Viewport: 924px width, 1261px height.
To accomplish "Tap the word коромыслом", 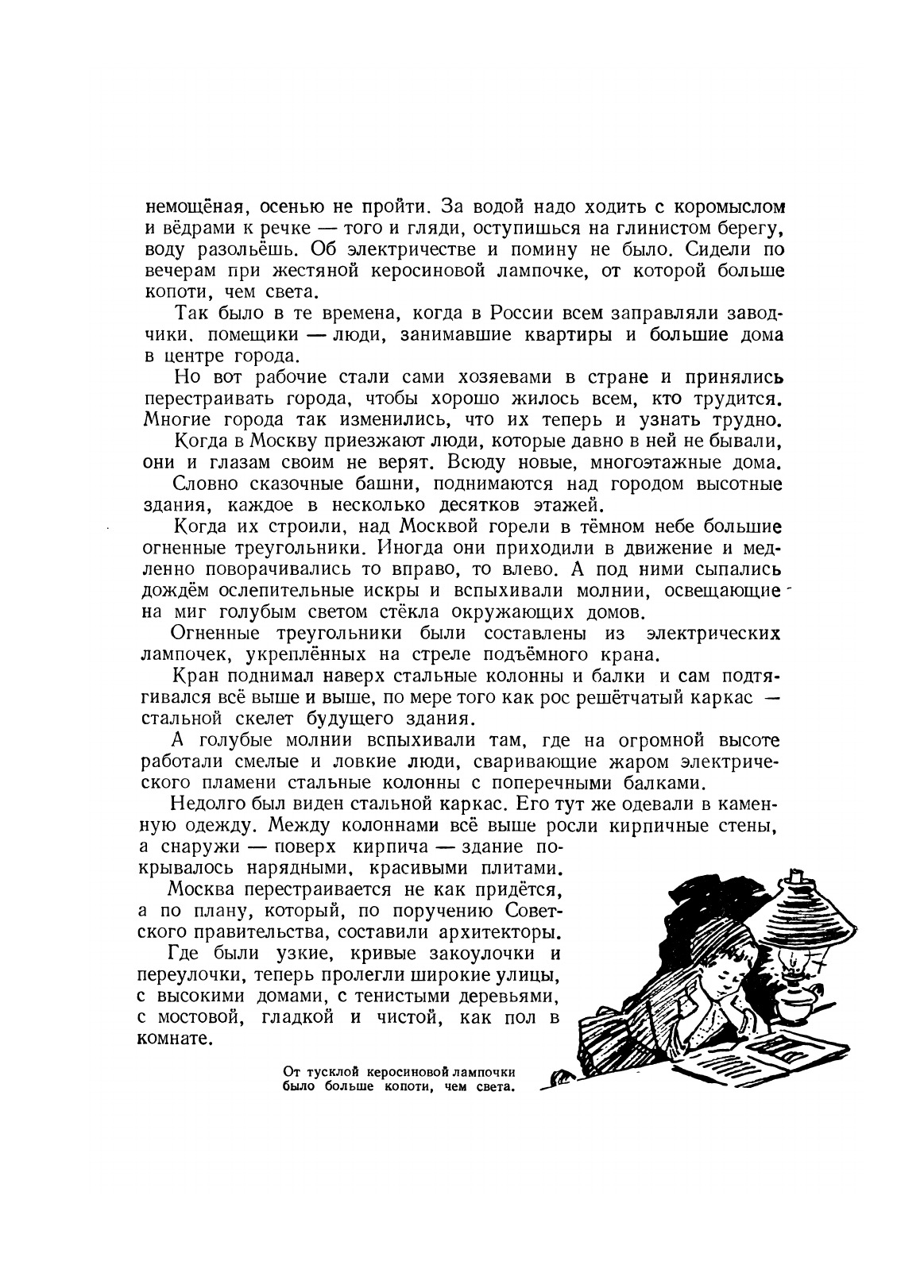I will (728, 208).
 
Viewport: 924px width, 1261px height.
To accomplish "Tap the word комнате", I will (175, 1039).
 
